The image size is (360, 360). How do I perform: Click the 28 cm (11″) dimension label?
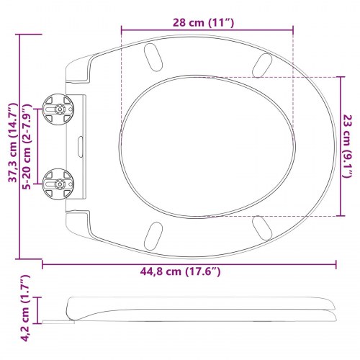point(203,23)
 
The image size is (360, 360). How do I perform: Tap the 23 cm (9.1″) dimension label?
point(347,146)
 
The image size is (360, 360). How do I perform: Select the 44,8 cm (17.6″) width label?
point(180,271)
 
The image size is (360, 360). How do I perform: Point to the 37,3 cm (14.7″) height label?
point(13,143)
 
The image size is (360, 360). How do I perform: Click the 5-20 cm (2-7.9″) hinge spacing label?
point(27,147)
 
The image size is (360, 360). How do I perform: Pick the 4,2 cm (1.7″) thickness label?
point(26,308)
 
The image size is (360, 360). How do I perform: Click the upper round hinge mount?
point(58,109)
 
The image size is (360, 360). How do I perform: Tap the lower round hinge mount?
point(58,184)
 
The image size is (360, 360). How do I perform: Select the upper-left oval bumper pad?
point(153,58)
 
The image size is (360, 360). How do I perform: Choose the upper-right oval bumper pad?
point(262,65)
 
